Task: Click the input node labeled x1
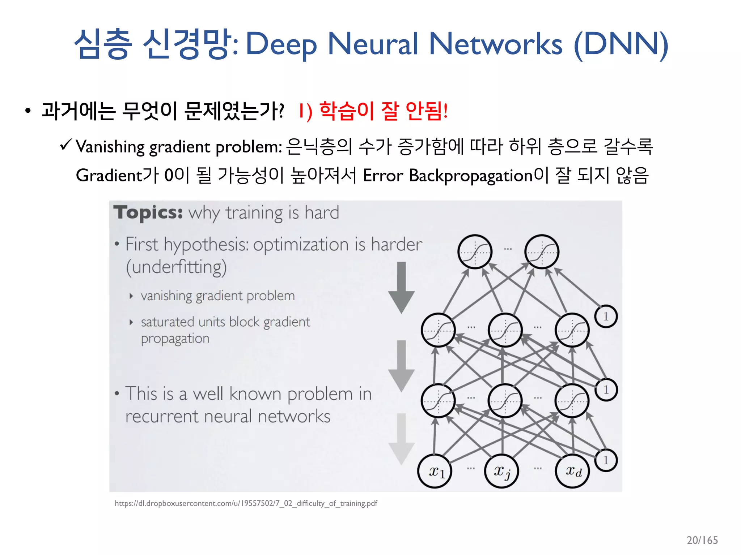tap(435, 471)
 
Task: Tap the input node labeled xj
tap(502, 471)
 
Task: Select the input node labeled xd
tap(572, 471)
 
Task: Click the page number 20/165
tap(702, 540)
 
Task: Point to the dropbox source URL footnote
tap(246, 503)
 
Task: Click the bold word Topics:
tap(148, 212)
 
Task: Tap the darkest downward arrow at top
tap(401, 287)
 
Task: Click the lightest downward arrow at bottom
tap(401, 439)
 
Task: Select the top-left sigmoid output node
tap(475, 252)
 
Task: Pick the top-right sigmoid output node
tap(542, 252)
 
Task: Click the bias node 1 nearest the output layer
tap(606, 317)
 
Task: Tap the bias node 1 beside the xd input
tap(606, 460)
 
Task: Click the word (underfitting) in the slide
tap(176, 267)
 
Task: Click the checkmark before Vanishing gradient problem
tap(66, 145)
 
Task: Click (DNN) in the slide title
tap(621, 44)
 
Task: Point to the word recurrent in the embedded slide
tap(161, 416)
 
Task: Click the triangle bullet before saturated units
tap(131, 322)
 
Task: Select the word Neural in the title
tap(373, 44)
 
